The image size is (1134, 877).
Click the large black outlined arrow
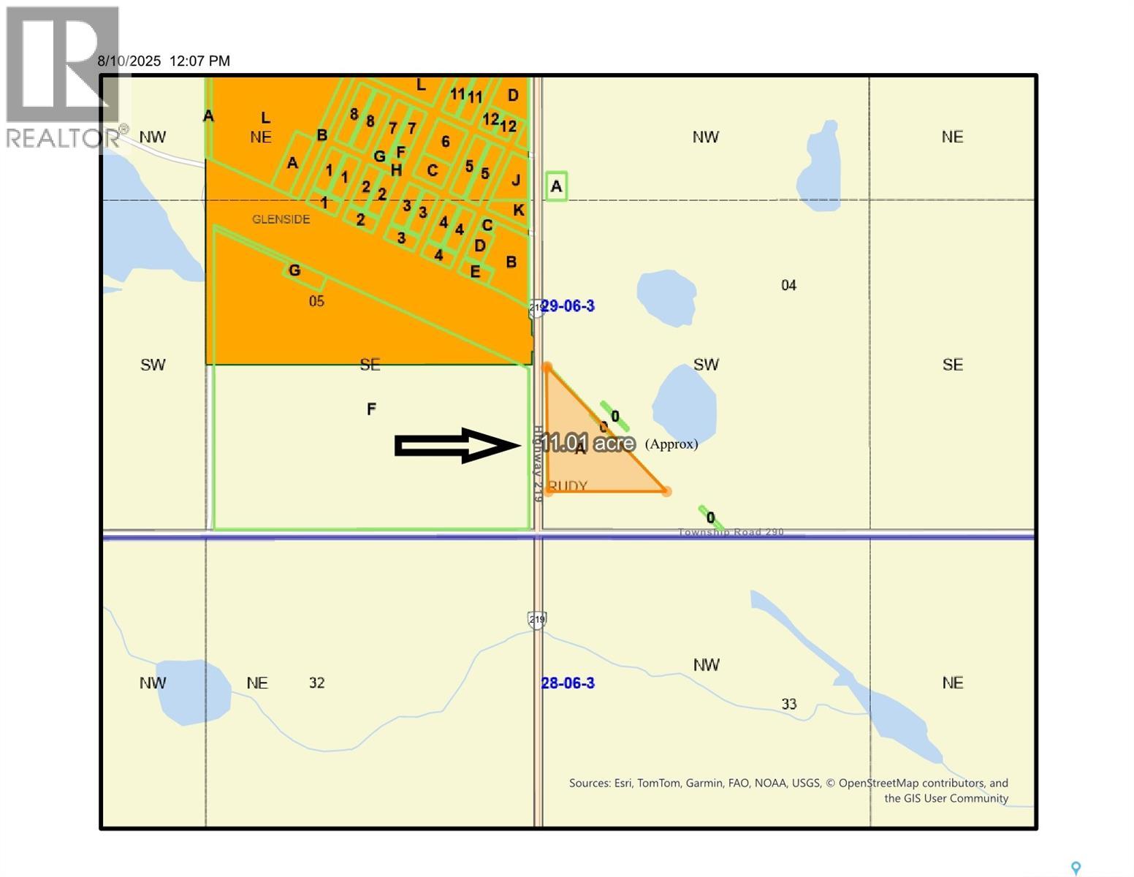[457, 445]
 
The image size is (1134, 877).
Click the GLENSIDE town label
[281, 219]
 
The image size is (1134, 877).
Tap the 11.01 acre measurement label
[588, 443]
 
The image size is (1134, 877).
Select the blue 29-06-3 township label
[568, 306]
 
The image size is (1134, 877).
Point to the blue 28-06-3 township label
[568, 683]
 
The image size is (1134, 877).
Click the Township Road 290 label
[731, 532]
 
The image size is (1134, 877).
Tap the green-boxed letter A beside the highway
[556, 186]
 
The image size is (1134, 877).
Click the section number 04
[788, 286]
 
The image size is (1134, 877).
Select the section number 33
[788, 705]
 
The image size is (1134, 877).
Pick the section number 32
[316, 683]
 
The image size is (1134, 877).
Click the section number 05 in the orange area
[316, 302]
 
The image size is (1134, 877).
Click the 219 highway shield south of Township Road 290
[537, 620]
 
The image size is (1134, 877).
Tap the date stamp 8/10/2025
[129, 61]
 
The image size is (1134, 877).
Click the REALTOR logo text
[63, 137]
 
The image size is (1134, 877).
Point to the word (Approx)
[671, 444]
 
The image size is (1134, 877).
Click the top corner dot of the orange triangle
[547, 367]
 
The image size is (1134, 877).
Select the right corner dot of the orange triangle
[666, 492]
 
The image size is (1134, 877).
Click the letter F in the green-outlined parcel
[371, 409]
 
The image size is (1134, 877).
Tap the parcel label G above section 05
[294, 271]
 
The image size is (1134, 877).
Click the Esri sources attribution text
[788, 790]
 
